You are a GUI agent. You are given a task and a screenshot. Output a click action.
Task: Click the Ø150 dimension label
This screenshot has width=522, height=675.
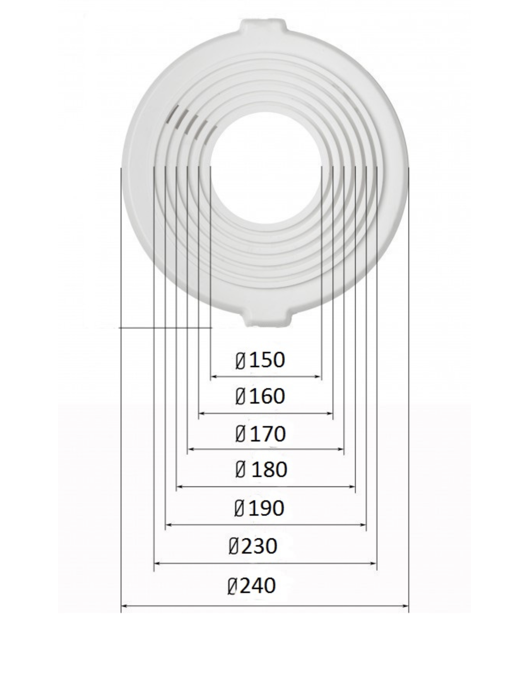(x=260, y=360)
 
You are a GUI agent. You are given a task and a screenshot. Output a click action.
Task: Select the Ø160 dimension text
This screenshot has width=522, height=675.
(x=260, y=397)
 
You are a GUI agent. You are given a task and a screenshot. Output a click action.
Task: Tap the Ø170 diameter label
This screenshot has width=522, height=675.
(x=261, y=434)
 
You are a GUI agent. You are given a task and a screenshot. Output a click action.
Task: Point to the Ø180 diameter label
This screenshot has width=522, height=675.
(x=261, y=470)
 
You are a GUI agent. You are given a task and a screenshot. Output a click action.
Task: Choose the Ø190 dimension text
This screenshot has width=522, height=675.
(x=259, y=508)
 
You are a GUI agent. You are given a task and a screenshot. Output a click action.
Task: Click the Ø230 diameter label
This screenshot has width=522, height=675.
(x=253, y=546)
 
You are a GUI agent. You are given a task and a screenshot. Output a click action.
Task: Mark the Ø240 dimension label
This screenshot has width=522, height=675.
(x=251, y=585)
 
